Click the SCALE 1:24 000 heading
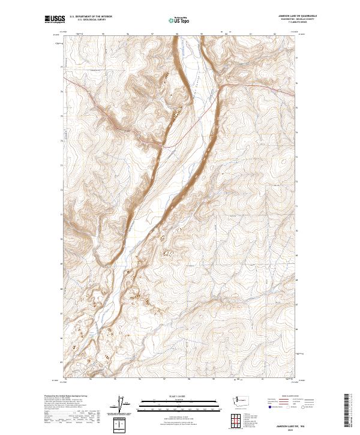pyautogui.click(x=171, y=395)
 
